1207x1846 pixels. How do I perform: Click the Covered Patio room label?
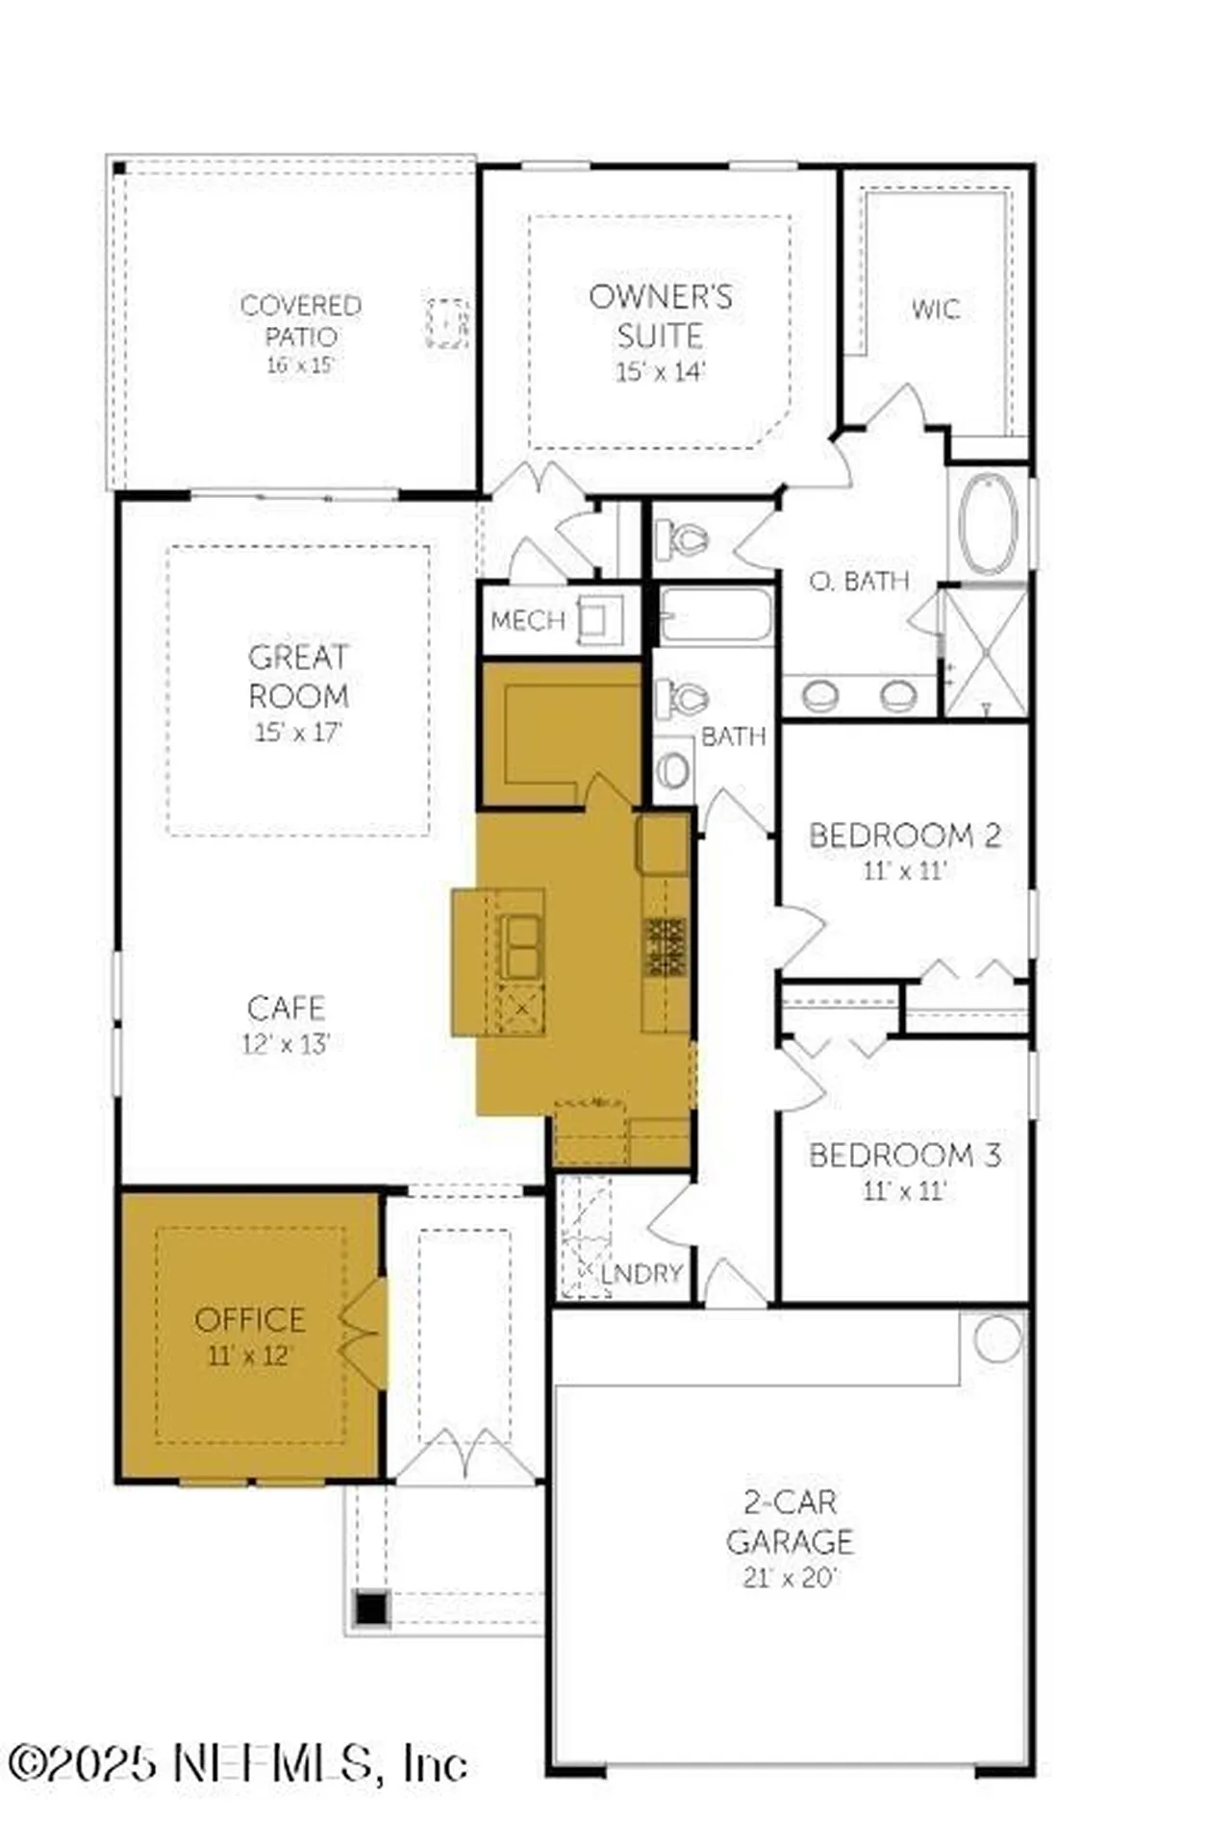click(x=300, y=320)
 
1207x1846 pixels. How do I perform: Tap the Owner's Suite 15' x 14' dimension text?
click(x=661, y=371)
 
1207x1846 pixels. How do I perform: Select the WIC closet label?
click(x=935, y=310)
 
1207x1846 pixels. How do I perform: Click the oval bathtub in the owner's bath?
click(x=988, y=525)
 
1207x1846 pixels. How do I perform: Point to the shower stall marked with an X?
click(x=987, y=653)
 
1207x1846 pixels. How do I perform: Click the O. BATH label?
click(x=859, y=581)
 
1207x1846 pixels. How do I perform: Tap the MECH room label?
click(x=527, y=620)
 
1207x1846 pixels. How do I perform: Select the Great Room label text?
click(x=298, y=676)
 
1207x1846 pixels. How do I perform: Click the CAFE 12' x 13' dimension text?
click(x=286, y=1043)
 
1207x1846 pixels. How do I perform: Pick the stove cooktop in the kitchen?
click(x=666, y=946)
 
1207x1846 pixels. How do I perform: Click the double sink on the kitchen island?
click(x=522, y=946)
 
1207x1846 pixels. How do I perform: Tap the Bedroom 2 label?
click(x=904, y=836)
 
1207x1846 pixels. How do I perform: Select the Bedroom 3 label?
click(x=904, y=1155)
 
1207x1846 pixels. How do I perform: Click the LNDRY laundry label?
click(x=641, y=1274)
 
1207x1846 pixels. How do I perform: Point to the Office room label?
click(x=249, y=1319)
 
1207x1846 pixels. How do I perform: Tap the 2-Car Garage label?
click(x=790, y=1521)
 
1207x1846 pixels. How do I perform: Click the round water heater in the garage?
click(x=997, y=1338)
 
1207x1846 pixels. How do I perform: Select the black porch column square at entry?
click(x=371, y=1608)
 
